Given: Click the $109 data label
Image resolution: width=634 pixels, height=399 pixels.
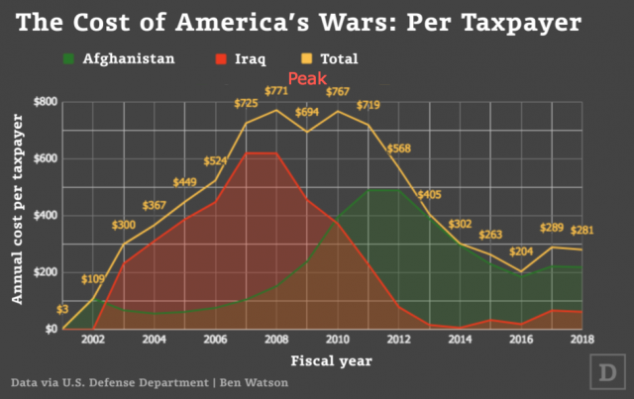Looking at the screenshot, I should pyautogui.click(x=91, y=279).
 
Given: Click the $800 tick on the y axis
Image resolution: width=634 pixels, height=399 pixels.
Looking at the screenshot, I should pyautogui.click(x=46, y=102).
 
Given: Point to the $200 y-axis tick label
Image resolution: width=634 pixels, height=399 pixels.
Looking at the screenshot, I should pyautogui.click(x=46, y=272).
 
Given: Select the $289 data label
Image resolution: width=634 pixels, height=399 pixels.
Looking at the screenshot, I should pyautogui.click(x=551, y=229).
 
